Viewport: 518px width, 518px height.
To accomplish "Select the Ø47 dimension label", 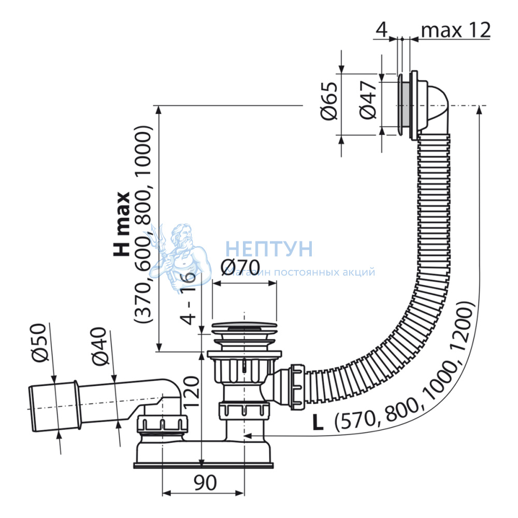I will (x=368, y=102).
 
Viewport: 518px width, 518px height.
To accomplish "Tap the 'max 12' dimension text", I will (x=456, y=30).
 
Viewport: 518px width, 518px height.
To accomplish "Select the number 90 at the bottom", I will (x=205, y=483).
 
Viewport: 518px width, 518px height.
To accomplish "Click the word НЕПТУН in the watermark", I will (x=269, y=249).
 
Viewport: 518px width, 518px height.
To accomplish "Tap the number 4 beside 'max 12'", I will (x=381, y=30).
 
